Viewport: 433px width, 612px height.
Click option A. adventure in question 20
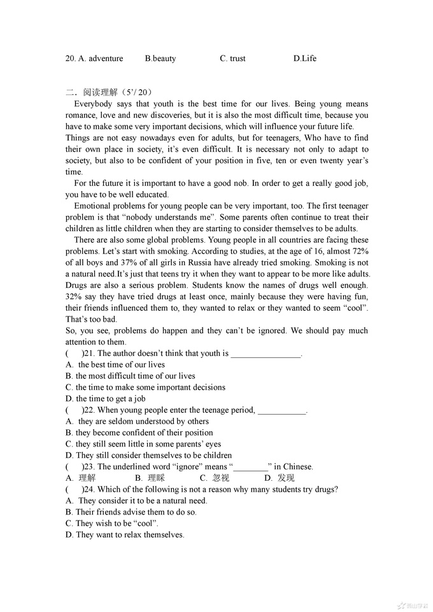tap(94, 59)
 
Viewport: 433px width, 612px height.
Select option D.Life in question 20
tap(304, 59)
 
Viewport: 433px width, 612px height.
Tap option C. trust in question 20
tap(232, 59)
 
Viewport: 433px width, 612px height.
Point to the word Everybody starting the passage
tap(93, 104)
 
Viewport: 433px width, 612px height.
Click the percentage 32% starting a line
tap(75, 297)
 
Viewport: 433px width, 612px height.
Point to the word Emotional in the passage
tap(93, 206)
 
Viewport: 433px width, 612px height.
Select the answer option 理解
tap(87, 478)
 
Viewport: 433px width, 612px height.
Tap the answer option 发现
tap(286, 478)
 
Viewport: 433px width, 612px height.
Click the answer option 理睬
tap(156, 478)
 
